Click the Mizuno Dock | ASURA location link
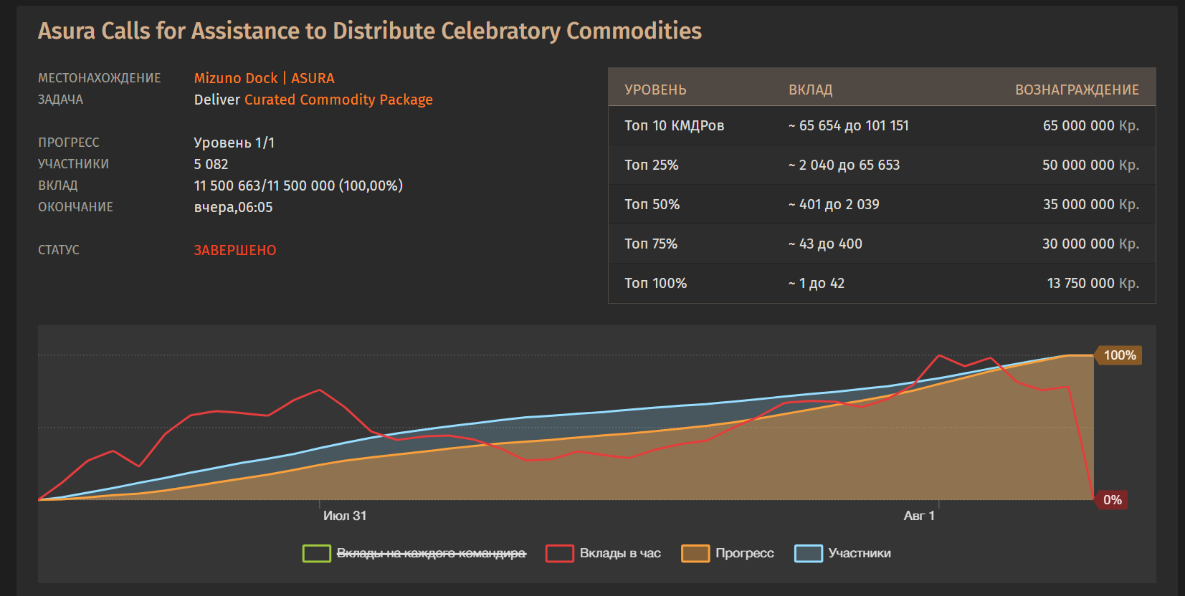tap(264, 78)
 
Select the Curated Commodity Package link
tap(338, 100)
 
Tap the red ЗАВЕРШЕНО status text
tap(235, 250)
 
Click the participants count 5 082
tap(211, 165)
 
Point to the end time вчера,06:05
tap(233, 207)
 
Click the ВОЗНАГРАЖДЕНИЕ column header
tap(1077, 90)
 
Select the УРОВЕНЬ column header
tap(655, 90)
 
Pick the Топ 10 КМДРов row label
tap(674, 126)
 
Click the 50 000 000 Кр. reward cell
tap(1090, 165)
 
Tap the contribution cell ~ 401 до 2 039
tap(834, 205)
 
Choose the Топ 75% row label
tap(651, 244)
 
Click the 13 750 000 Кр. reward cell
tap(1093, 284)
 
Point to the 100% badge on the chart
tap(1118, 355)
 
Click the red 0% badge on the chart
tap(1111, 500)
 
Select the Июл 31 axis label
tap(345, 516)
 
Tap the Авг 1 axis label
tap(920, 516)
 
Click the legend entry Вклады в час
tap(604, 553)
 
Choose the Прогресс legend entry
tap(728, 553)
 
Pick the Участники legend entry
tap(843, 553)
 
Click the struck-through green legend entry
tap(415, 553)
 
